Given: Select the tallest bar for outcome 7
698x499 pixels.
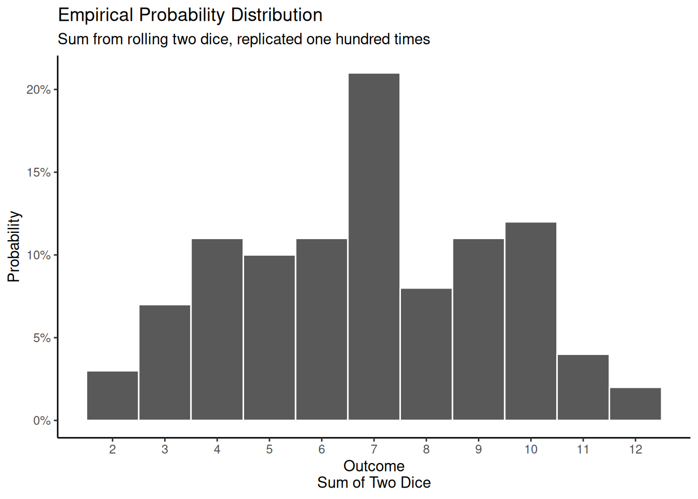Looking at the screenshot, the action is [374, 247].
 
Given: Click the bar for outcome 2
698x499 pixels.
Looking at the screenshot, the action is [113, 396].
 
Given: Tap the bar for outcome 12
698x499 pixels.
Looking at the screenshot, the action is [635, 404].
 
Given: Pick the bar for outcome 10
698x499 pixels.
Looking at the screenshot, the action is [531, 321].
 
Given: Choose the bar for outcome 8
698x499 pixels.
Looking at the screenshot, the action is [426, 354].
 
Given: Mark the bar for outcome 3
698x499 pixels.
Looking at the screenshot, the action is [165, 362].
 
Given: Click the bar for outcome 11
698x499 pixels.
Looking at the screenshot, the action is [583, 387].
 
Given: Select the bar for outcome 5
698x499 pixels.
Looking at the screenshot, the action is [269, 338].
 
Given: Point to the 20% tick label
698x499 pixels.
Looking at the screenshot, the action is [38, 90].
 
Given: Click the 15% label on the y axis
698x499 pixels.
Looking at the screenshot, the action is [38, 173].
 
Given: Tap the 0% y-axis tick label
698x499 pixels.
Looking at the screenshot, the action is [42, 421].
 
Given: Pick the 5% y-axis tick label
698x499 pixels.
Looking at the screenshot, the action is [42, 338].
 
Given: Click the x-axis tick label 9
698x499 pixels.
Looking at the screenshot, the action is [478, 450].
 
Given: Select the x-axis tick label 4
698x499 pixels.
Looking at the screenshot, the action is [217, 450].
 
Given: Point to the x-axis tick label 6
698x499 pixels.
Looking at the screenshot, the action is [321, 450].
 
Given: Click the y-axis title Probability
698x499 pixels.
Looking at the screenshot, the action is [14, 247].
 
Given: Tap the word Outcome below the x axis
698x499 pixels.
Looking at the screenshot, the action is [374, 466].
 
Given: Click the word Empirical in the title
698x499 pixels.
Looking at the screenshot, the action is [96, 16].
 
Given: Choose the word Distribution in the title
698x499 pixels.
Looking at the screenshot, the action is [276, 15].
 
